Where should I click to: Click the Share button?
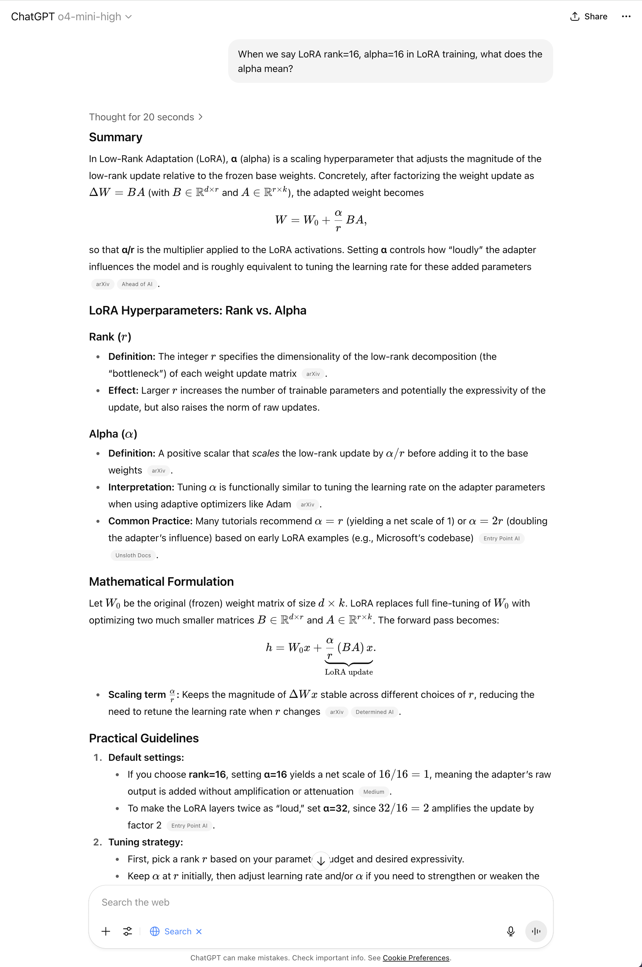[x=589, y=16]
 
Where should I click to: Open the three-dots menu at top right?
[x=626, y=16]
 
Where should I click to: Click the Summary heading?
[x=115, y=137]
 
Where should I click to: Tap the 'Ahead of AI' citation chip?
[x=137, y=284]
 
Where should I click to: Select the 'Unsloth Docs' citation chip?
[x=133, y=555]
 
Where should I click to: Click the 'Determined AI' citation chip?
[x=374, y=712]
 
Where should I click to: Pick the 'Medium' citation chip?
[x=373, y=792]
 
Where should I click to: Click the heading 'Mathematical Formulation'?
[x=161, y=581]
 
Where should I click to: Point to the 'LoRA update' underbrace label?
[x=349, y=672]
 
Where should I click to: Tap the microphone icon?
[x=511, y=931]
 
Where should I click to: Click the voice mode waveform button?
[x=536, y=931]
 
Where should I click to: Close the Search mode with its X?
[x=199, y=931]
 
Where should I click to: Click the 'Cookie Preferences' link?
[x=416, y=958]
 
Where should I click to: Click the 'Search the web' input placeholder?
[x=135, y=902]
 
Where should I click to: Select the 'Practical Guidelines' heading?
[x=144, y=738]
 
